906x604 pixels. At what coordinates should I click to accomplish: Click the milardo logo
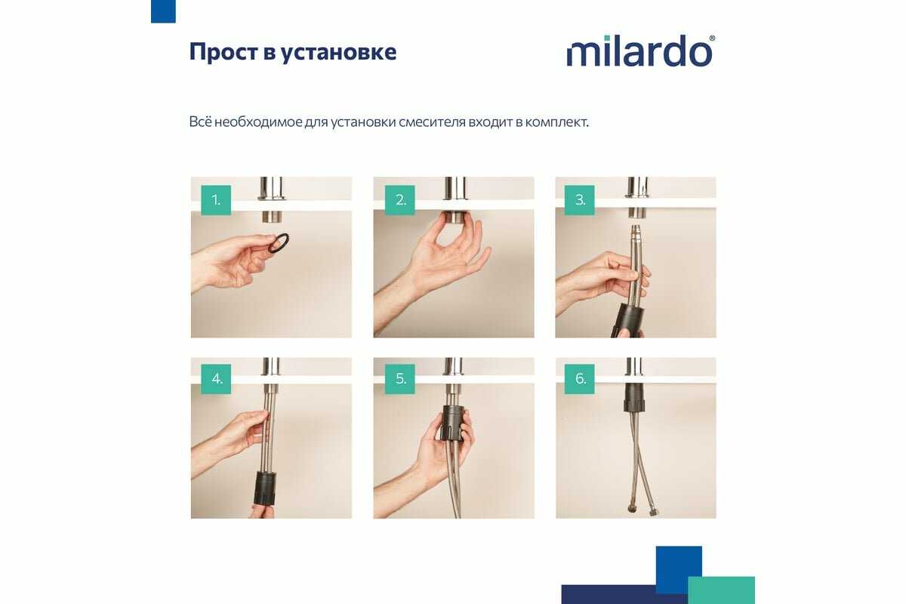(x=641, y=51)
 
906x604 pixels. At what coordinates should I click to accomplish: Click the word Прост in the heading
(x=223, y=52)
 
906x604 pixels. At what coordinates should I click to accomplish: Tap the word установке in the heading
(x=338, y=53)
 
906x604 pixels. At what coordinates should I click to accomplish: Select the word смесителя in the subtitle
(x=432, y=122)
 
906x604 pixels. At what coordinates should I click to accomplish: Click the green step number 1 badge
(x=216, y=200)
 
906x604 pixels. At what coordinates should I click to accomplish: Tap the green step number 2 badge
(x=399, y=200)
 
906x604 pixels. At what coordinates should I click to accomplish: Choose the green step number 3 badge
(x=580, y=200)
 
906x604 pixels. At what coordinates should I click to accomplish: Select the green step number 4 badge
(x=216, y=379)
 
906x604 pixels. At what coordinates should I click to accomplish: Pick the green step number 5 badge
(x=399, y=379)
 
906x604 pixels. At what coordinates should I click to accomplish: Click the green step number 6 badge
(x=580, y=379)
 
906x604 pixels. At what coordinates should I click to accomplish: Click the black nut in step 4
(x=265, y=488)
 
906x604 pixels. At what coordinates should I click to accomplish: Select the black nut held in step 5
(x=452, y=423)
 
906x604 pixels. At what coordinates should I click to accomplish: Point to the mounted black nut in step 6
(x=633, y=398)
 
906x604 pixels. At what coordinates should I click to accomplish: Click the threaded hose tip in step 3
(x=636, y=231)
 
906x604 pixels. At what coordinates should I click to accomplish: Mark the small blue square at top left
(x=163, y=11)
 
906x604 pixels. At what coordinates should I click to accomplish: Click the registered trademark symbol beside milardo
(x=712, y=38)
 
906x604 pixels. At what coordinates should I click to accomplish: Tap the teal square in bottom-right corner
(x=721, y=590)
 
